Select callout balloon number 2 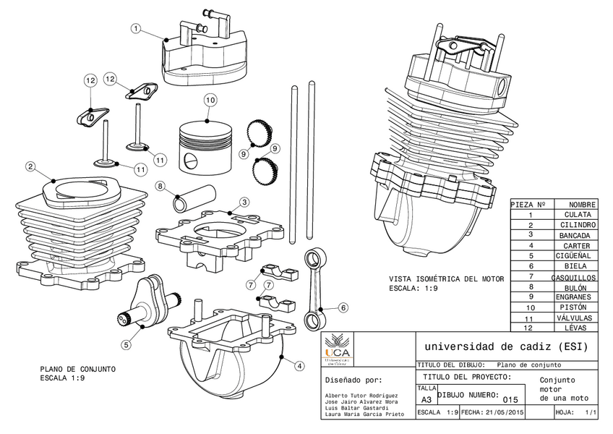30,166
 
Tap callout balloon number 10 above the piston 210,100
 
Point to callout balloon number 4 299,366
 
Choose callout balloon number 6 343,307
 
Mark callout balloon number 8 160,186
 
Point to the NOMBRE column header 582,205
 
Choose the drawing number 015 510,399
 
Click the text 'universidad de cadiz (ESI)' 506,346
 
